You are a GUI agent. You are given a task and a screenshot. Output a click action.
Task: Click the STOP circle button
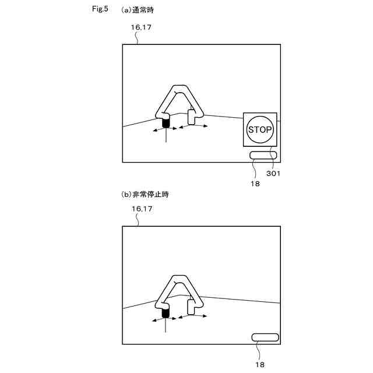260,129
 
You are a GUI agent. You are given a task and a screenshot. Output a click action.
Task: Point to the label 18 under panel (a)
254,182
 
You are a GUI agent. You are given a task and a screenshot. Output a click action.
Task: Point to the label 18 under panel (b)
260,364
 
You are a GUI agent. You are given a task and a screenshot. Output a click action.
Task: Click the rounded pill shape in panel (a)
263,155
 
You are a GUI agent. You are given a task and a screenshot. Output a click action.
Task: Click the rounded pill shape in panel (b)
265,337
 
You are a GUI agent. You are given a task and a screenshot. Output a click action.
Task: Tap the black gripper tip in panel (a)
166,123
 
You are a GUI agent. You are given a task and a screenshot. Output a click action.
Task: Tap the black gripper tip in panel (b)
166,313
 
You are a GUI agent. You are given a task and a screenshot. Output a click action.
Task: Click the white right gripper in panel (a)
191,117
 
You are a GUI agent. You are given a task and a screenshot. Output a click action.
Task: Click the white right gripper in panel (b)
191,306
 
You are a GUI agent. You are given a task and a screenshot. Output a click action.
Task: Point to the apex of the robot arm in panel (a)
180,89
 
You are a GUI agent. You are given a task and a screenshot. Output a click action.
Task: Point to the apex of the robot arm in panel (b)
180,278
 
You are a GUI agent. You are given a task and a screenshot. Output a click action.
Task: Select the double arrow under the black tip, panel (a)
166,131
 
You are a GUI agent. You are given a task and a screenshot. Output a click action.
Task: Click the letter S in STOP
251,129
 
